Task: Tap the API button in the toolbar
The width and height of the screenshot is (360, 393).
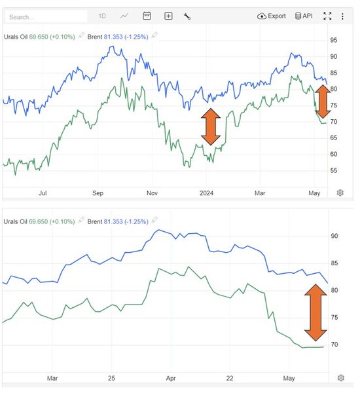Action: tap(304, 16)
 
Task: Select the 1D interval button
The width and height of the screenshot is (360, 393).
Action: tap(102, 16)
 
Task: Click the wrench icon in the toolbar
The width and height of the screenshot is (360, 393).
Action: tap(187, 16)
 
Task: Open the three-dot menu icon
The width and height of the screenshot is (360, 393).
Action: tap(342, 16)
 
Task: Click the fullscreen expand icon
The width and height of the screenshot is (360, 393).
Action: tap(328, 16)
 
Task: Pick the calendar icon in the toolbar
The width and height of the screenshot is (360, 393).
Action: tap(147, 16)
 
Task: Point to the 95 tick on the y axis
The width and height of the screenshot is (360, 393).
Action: tap(334, 40)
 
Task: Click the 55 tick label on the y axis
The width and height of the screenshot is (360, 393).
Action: tap(334, 171)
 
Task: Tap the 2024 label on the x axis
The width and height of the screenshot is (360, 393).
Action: tap(207, 193)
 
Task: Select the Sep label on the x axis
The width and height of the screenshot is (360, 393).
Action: tap(98, 193)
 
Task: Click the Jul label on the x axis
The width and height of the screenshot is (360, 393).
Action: tap(43, 193)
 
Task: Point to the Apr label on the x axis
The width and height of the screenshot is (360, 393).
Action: tap(171, 379)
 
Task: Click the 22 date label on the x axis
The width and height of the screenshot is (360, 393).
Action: tap(229, 379)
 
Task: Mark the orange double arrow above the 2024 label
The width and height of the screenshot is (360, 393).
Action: tap(210, 126)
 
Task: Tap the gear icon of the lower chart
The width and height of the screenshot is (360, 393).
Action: tap(340, 378)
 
